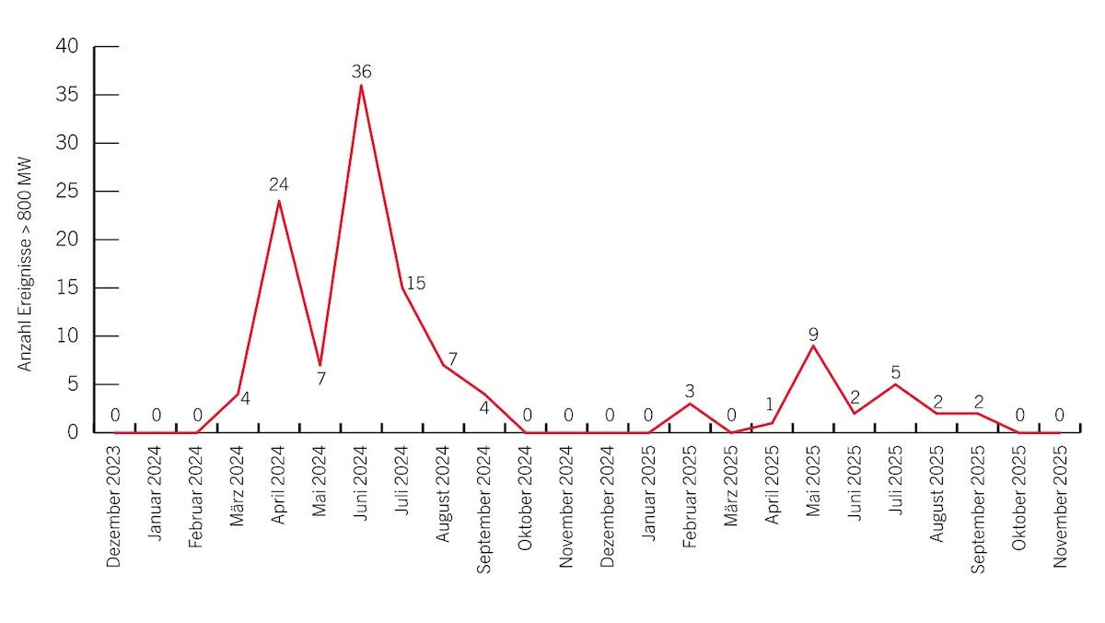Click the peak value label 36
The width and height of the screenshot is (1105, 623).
coord(361,72)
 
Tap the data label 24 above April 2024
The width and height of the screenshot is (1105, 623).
coord(279,185)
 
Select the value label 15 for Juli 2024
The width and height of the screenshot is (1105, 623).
coord(415,283)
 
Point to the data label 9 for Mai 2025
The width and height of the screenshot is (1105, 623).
coord(813,335)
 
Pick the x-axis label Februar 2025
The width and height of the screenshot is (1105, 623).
coord(690,498)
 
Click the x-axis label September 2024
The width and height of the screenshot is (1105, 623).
coord(484,508)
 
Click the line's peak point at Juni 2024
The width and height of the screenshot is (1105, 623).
coord(361,85)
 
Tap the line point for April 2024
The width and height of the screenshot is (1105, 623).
coord(279,201)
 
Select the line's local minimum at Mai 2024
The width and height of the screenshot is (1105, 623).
coord(320,365)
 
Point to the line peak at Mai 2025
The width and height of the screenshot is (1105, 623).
coord(813,346)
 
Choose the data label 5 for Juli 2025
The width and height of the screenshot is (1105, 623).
coord(895,372)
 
